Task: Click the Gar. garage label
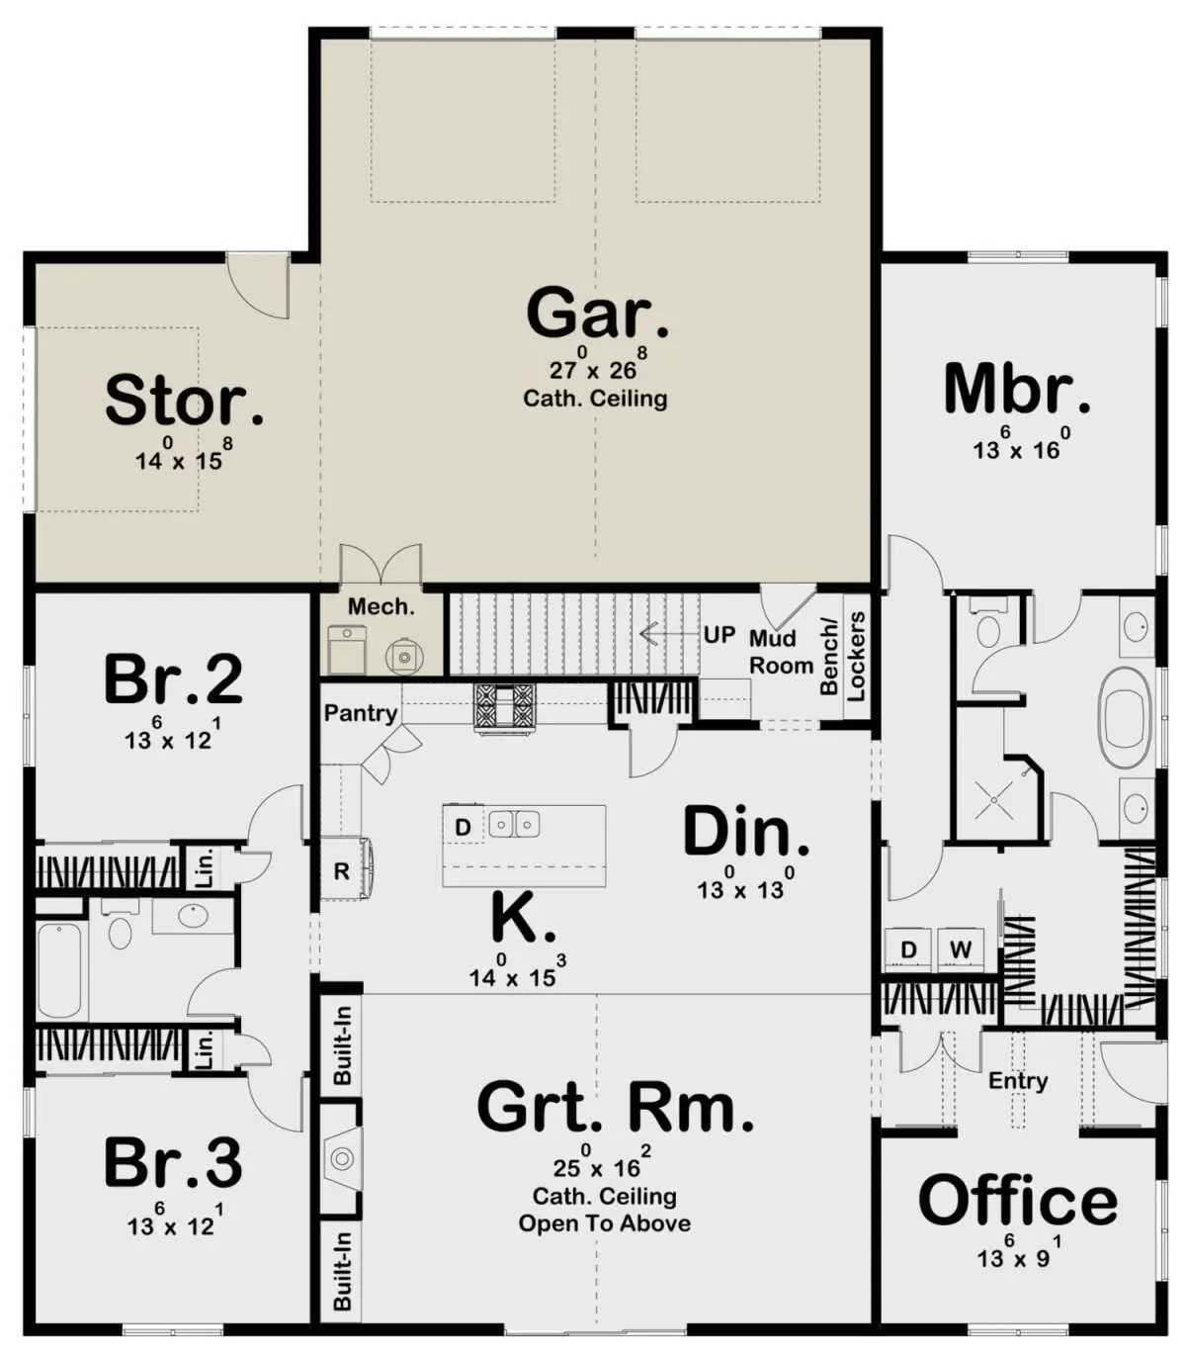pos(597,314)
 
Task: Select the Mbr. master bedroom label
pos(1016,390)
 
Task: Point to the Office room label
pos(1018,1200)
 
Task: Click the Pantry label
pos(361,714)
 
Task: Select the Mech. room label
pos(381,605)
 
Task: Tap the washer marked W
pos(961,950)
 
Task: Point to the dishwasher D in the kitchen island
pos(464,827)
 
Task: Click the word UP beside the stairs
pos(720,635)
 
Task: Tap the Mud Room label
pos(781,652)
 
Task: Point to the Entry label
pos(1017,1081)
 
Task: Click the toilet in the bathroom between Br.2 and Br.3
pos(119,927)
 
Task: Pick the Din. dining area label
pos(746,832)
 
